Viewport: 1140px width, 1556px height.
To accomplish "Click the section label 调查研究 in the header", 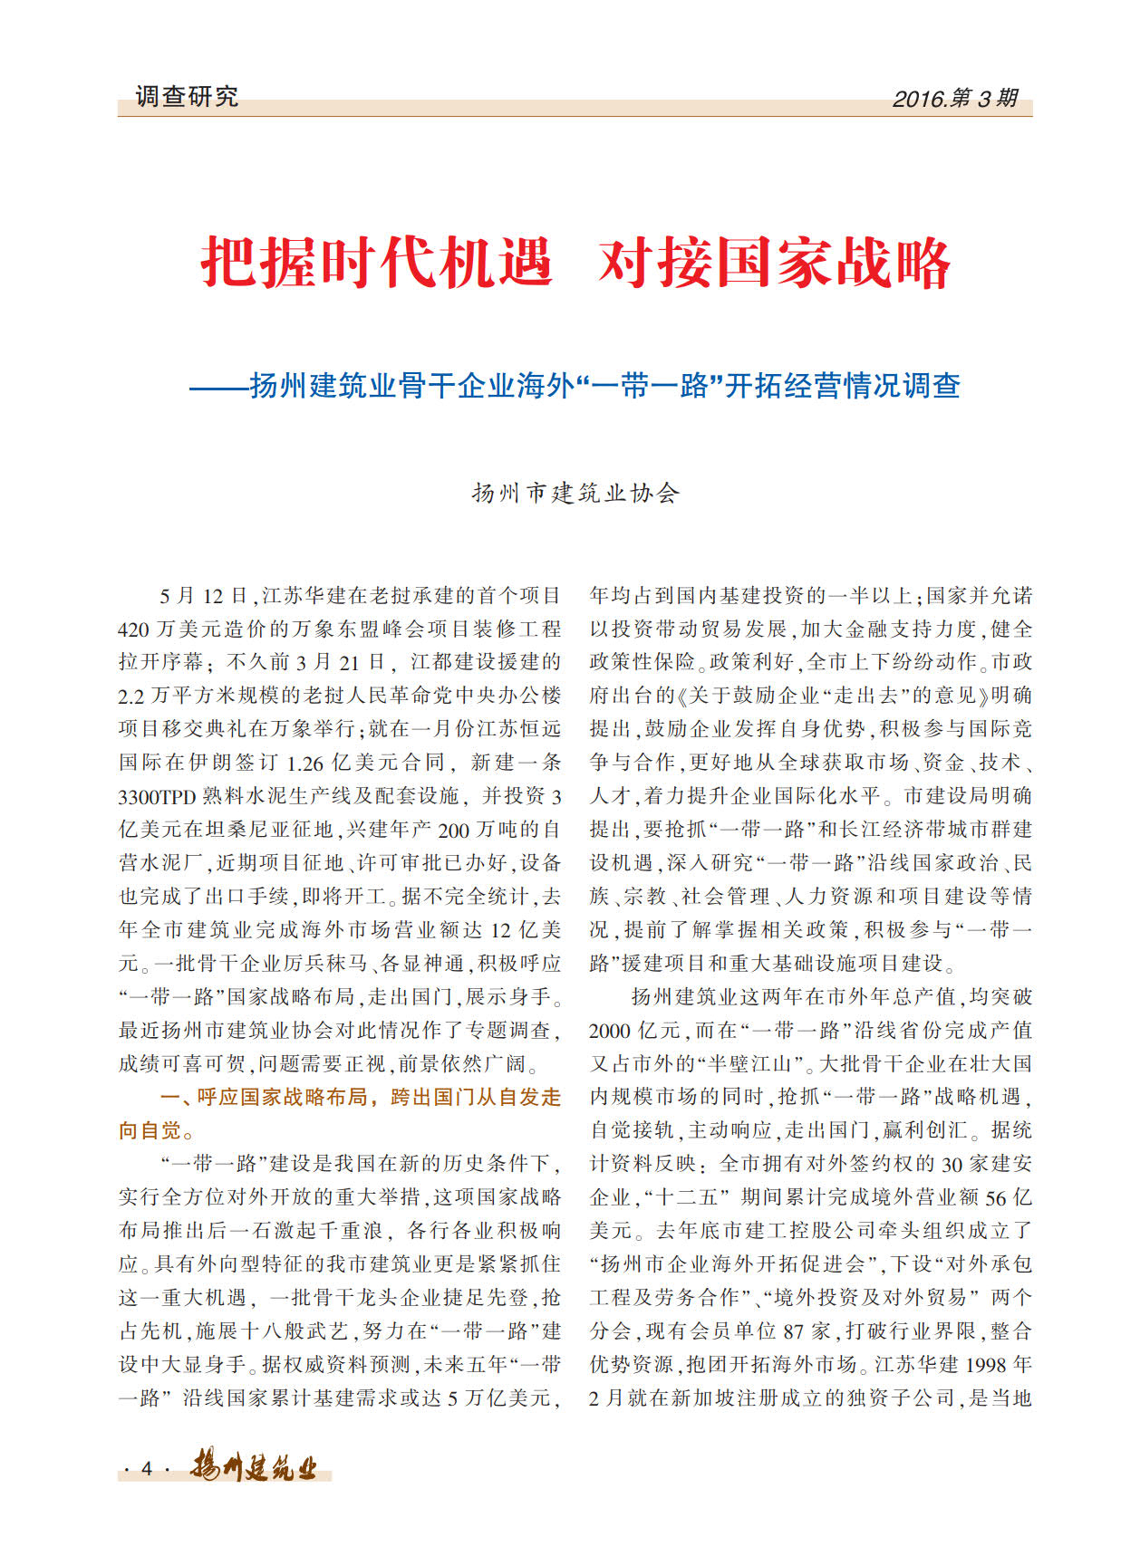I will (187, 97).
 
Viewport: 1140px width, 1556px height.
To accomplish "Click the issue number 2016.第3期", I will (955, 99).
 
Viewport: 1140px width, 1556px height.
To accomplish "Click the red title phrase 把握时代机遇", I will (376, 264).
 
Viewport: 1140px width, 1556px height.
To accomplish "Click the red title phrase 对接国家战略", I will (773, 264).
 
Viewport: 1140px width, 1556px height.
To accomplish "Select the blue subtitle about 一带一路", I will (575, 387).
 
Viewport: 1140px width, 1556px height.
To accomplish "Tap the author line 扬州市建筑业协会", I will (575, 494).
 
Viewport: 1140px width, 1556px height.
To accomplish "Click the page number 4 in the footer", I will (147, 1469).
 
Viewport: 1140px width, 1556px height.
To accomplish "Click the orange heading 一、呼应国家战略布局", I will (361, 1098).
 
